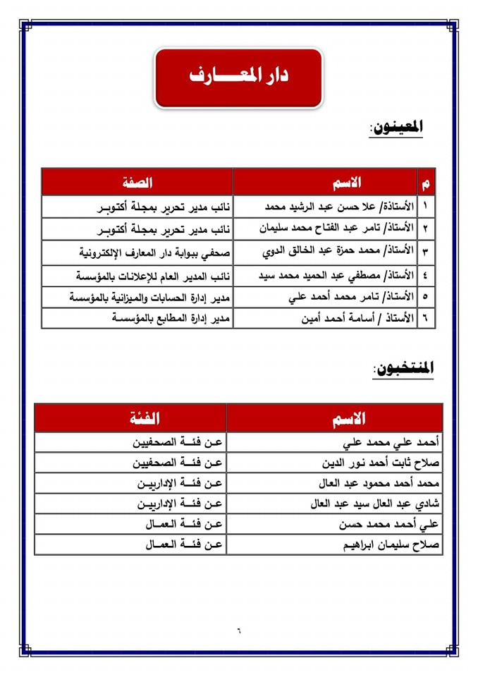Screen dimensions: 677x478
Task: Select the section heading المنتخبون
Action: [x=403, y=368]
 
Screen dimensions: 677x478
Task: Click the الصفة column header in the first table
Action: [x=137, y=182]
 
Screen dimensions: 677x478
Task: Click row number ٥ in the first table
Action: [x=425, y=297]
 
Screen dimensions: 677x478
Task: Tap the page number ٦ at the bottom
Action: [x=238, y=629]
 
